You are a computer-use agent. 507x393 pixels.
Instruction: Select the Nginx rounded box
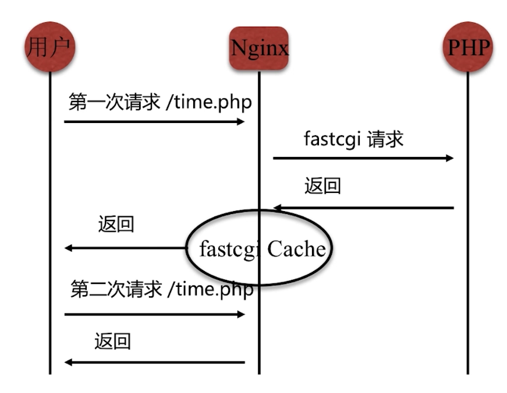point(259,48)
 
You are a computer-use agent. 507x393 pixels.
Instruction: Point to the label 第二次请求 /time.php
point(162,290)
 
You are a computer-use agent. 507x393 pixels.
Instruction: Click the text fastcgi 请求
point(354,139)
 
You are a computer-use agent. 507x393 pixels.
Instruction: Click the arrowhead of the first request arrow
point(241,121)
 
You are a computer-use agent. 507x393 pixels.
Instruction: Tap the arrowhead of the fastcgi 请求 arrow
point(449,158)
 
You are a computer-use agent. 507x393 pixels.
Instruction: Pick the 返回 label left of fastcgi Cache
point(116,225)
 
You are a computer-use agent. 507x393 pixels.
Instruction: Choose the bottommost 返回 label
point(112,341)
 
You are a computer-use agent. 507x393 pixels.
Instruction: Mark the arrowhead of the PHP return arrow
point(278,208)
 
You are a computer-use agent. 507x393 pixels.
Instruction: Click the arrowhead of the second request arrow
point(241,314)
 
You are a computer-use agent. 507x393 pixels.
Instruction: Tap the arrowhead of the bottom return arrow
point(68,362)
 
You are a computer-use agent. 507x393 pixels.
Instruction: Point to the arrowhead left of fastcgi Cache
point(68,248)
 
